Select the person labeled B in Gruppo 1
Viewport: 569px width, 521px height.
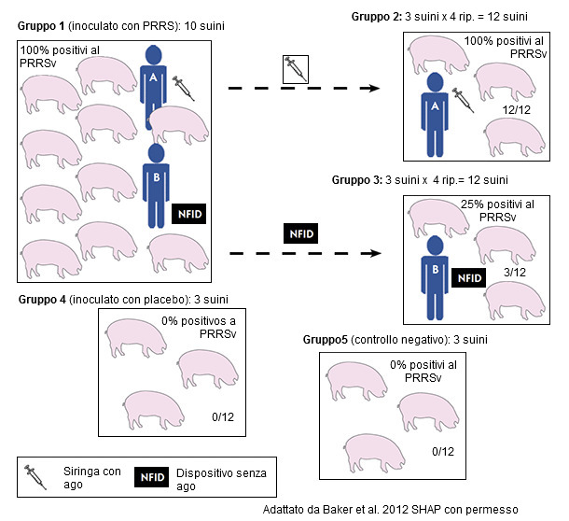coord(156,182)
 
